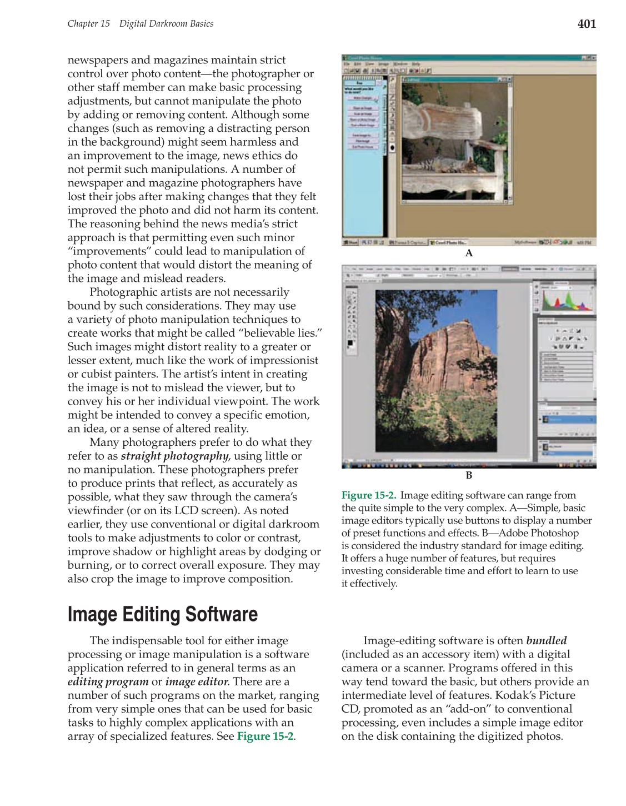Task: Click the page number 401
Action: tap(587, 24)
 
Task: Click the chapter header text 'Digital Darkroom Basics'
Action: tap(166, 24)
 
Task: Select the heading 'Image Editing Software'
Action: tap(162, 614)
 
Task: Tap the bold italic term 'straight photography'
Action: tap(174, 456)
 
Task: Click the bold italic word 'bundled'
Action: tap(547, 640)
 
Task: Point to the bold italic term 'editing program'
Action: tap(108, 681)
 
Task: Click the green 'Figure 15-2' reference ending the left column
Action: tap(265, 736)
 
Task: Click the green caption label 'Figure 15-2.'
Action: tap(369, 495)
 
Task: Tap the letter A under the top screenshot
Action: tap(469, 253)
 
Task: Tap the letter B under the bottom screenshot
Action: tap(469, 475)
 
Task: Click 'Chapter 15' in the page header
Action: tap(88, 24)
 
